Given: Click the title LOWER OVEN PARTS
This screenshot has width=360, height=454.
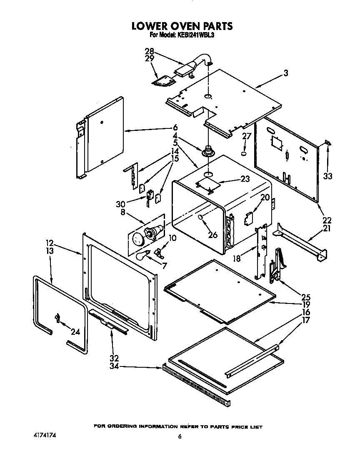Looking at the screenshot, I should pos(182,26).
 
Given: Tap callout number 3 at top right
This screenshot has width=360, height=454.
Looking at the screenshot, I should pos(286,73).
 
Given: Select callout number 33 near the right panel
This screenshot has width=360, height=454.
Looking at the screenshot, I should pos(328,176).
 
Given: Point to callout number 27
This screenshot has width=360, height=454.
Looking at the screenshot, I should pos(247,136).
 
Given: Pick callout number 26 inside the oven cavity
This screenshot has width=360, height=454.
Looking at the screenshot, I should pos(212,235).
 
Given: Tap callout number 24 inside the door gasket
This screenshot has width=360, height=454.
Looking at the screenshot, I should pos(75,332).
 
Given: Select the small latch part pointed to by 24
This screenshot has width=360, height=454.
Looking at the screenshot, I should pos(57,319).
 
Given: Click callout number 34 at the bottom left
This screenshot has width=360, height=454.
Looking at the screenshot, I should pos(114,366).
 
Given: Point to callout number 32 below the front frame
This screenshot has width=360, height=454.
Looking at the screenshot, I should pos(114,358).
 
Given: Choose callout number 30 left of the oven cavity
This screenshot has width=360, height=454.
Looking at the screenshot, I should pos(120,204).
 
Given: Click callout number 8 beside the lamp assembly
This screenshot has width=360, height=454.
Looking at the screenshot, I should pos(123,213).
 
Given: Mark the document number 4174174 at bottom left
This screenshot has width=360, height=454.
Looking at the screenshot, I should pos(44,435).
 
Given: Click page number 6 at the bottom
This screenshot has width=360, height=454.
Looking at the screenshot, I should pos(180,436).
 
